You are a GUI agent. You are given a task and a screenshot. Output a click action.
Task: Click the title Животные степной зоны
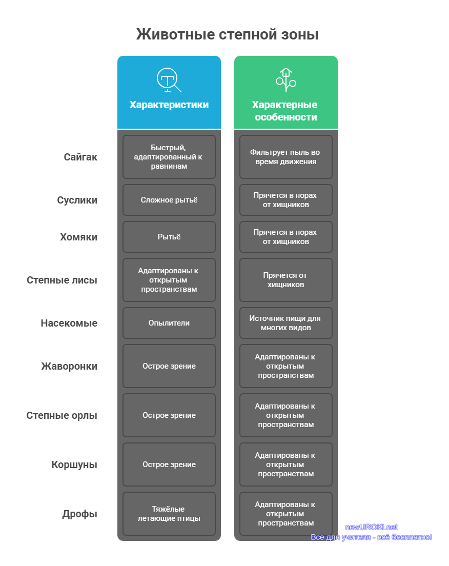click(x=228, y=35)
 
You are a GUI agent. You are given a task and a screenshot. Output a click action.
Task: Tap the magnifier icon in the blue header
click(x=169, y=80)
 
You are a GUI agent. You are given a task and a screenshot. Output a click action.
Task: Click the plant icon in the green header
click(x=286, y=80)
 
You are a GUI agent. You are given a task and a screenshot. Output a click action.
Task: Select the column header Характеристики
click(x=169, y=105)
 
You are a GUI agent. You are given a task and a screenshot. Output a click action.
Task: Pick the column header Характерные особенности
click(x=285, y=111)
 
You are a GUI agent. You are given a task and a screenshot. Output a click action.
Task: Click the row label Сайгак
click(x=80, y=157)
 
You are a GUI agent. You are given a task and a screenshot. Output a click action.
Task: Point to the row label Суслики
click(x=77, y=200)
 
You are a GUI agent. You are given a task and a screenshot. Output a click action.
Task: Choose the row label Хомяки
click(x=79, y=237)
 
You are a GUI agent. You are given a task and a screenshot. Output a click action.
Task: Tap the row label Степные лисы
click(x=62, y=280)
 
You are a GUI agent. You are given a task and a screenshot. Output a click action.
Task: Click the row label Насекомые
click(x=69, y=323)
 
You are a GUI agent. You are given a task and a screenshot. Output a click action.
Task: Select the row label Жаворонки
click(x=69, y=366)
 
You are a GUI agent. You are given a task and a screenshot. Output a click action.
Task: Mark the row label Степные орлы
click(x=62, y=415)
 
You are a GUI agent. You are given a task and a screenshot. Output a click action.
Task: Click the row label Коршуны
click(x=74, y=464)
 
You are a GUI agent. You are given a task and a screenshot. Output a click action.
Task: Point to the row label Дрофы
click(x=80, y=514)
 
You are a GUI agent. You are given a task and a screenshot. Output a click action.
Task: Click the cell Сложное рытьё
click(x=169, y=200)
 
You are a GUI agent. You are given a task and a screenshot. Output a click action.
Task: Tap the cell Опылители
click(x=169, y=323)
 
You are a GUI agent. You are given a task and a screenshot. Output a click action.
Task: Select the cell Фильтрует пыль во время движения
click(x=286, y=157)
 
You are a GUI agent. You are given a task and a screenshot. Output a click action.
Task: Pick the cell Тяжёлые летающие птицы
click(x=169, y=514)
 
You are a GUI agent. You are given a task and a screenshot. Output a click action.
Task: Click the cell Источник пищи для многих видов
click(x=286, y=323)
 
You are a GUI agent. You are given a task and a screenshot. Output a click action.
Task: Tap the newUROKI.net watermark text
click(x=372, y=527)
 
